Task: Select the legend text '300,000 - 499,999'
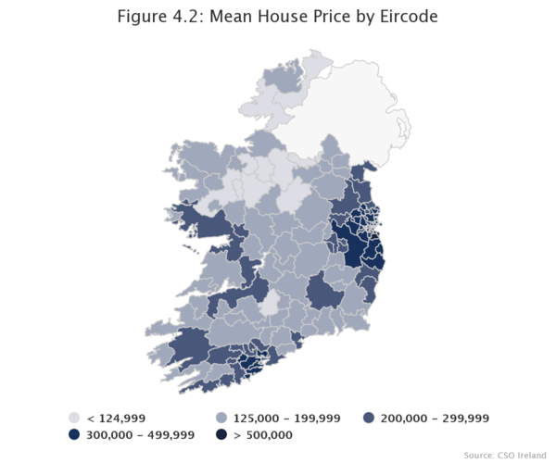pyautogui.click(x=140, y=434)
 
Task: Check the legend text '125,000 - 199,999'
pyautogui.click(x=285, y=419)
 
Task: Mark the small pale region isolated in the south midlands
pyautogui.click(x=269, y=305)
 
